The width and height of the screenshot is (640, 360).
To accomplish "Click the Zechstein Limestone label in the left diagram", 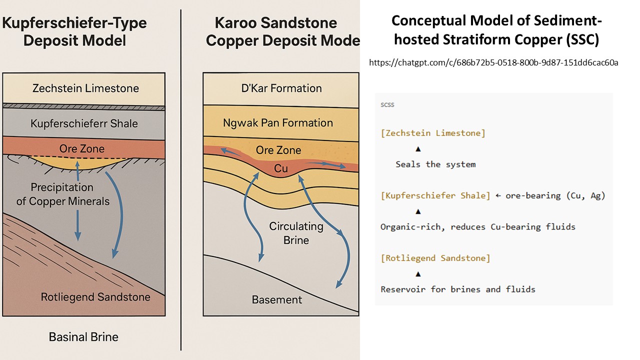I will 85,89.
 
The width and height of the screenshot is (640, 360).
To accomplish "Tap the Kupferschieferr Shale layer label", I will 84,123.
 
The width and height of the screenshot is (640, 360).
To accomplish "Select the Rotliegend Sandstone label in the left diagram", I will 95,297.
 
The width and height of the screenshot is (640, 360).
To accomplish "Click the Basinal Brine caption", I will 83,336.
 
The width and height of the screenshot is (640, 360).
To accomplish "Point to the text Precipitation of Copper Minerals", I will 63,194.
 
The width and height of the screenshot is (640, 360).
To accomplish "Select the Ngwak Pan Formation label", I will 278,122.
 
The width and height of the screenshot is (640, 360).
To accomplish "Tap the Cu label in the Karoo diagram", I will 281,169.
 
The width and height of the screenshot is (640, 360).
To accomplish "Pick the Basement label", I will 276,300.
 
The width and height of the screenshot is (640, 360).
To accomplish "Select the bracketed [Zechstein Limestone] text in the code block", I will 432,133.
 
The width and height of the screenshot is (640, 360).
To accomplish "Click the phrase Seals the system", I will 435,164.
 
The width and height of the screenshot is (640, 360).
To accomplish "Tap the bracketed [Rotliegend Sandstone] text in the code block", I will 435,258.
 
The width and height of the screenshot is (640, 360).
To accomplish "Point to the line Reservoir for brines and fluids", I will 457,289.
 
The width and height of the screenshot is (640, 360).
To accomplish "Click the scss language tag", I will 387,105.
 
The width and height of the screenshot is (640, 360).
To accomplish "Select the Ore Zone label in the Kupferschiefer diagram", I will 82,148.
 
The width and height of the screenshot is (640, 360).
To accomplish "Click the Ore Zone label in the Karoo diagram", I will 278,150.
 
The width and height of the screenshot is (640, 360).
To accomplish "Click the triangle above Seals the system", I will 418,149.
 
